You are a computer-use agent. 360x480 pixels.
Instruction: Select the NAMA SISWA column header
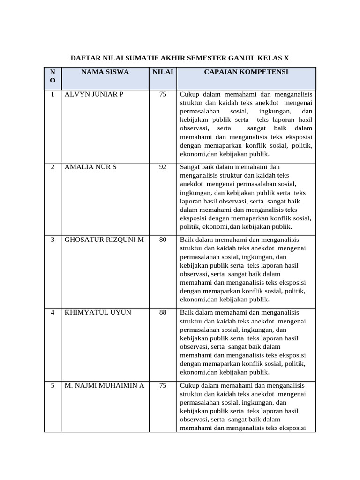pos(105,72)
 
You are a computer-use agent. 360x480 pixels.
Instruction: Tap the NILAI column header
pos(162,72)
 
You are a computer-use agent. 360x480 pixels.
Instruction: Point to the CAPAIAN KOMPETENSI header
pos(246,72)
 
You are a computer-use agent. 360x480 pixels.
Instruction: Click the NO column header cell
pos(52,76)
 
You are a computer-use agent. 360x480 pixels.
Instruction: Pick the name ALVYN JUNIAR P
pos(94,94)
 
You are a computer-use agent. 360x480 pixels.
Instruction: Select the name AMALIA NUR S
pos(90,167)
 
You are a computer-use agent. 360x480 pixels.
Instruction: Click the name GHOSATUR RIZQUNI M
pos(105,240)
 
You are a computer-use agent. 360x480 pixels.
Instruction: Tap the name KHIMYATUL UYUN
pos(98,312)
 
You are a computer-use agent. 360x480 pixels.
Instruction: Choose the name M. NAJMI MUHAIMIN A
pos(105,385)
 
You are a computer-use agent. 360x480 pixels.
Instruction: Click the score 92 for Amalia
pos(163,167)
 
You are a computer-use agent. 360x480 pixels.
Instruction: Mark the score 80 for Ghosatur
pos(163,240)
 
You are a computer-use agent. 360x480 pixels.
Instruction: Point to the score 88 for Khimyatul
pos(163,312)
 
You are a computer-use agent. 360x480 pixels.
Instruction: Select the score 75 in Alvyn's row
pos(163,94)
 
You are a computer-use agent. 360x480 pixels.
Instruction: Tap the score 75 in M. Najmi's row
pos(163,385)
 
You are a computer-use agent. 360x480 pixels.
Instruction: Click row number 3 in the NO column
pos(53,240)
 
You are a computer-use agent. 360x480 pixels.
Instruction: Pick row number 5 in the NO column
pos(53,385)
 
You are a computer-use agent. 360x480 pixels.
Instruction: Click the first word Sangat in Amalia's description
pos(189,167)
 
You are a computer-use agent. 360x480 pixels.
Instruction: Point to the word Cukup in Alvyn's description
pos(189,94)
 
